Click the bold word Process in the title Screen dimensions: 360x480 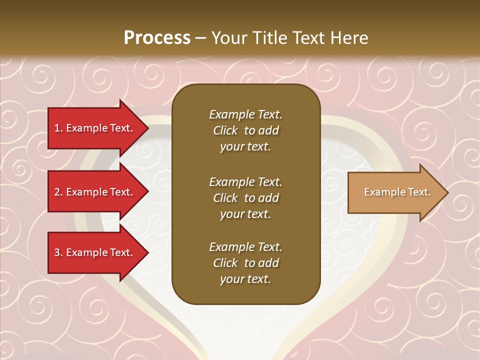157,38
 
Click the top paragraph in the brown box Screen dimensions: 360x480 245,130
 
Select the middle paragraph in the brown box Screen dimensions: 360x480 245,198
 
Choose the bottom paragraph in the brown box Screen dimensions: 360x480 245,263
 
